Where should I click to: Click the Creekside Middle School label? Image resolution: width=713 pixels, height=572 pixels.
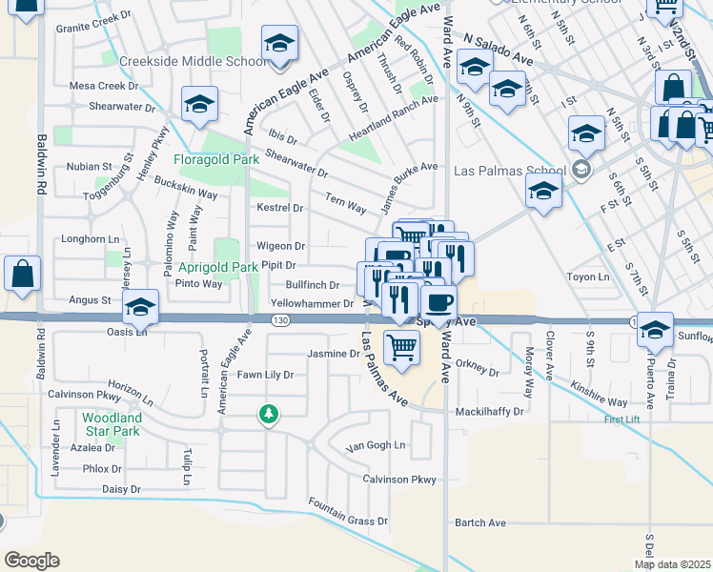pos(193,61)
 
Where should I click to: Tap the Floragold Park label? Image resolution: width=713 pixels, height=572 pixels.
pos(215,160)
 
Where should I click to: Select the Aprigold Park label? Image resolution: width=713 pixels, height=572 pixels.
pos(218,268)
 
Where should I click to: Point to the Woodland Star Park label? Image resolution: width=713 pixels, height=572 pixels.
pos(112,424)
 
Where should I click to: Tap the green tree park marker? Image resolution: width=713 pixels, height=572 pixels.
pos(270,413)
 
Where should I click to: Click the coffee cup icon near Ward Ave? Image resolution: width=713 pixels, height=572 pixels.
pos(438,303)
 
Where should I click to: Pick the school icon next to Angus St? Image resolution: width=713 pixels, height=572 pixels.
pos(140,306)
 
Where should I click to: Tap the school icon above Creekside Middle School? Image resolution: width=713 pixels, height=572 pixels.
pos(280,44)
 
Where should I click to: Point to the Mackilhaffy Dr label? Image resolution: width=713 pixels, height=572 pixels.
pos(490,412)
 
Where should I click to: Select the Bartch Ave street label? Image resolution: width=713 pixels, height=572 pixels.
pos(480,522)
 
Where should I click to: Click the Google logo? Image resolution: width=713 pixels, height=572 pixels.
pos(32,560)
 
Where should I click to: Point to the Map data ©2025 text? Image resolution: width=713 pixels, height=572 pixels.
pos(672,564)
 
